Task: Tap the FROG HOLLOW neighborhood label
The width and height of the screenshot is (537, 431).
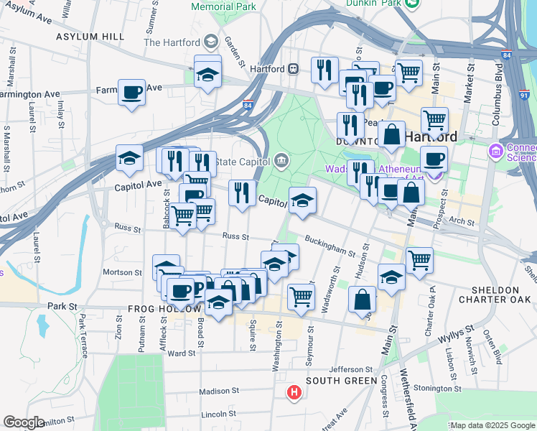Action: pos(164,309)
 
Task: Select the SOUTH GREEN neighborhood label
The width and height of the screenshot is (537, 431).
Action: pos(341,381)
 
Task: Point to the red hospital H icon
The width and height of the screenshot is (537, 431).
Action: pos(294,393)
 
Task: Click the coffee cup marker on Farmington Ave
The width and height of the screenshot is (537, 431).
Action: pos(132,93)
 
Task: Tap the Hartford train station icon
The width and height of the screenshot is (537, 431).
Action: pos(294,70)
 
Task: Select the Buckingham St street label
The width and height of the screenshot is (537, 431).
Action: pos(330,246)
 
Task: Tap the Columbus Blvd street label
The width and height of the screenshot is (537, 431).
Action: pos(498,96)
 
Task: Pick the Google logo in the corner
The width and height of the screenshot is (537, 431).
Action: pos(24,423)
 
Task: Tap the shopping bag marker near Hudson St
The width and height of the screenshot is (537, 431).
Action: pos(363,300)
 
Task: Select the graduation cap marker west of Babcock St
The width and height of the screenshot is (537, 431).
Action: pos(129,159)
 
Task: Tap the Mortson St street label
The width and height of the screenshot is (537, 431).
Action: pos(123,272)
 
